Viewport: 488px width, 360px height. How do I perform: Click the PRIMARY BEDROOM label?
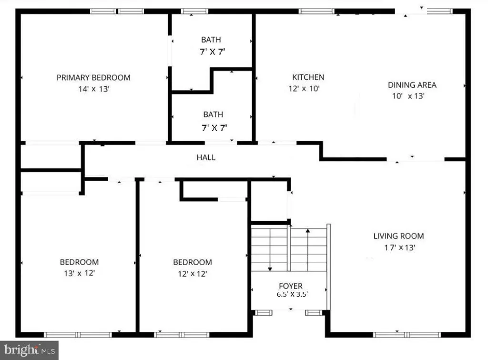pos(93,78)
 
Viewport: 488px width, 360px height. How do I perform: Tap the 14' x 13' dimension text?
pos(93,89)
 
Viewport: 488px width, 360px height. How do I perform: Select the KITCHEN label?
pos(308,77)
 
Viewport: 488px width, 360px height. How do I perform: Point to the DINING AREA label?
pos(412,85)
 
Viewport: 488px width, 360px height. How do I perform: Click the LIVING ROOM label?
pos(398,236)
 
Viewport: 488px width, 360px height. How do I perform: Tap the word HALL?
pos(206,157)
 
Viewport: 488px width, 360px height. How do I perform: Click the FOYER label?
pos(291,286)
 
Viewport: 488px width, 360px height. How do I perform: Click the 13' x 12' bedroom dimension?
pos(79,274)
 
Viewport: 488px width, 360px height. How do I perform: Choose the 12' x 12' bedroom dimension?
pos(192,274)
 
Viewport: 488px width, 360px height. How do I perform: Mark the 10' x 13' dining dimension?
pos(408,96)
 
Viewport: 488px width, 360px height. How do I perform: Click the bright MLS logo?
pos(30,350)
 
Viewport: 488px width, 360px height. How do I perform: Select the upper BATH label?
pos(211,40)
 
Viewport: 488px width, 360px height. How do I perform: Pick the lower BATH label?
pos(213,115)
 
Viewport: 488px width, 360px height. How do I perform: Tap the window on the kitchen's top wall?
pos(317,11)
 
